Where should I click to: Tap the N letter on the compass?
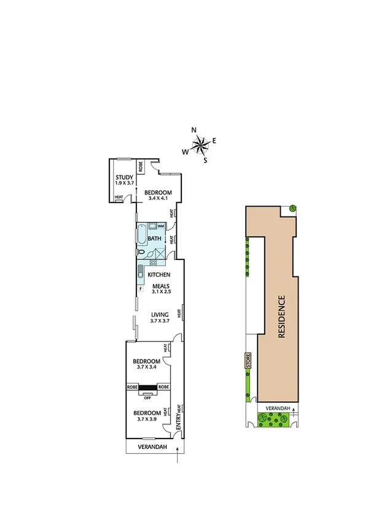click(194, 130)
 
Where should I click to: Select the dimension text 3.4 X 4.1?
click(158, 199)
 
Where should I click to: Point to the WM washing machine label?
click(160, 226)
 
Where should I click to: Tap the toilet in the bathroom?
click(142, 252)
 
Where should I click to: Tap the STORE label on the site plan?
click(249, 361)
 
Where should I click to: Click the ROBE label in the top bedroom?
click(140, 167)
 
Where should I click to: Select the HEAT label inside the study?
click(119, 197)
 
